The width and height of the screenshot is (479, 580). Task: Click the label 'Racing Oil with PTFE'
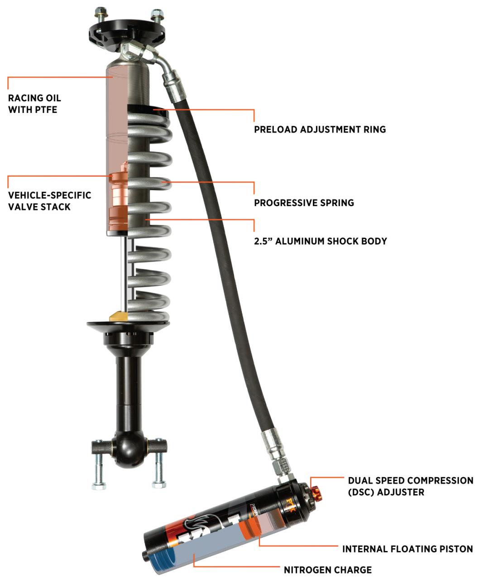pyautogui.click(x=34, y=104)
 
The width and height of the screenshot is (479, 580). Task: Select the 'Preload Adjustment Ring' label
pyautogui.click(x=320, y=129)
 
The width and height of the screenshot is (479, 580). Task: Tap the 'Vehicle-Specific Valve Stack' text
pyautogui.click(x=49, y=201)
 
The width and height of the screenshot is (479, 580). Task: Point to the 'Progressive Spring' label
pyautogui.click(x=304, y=203)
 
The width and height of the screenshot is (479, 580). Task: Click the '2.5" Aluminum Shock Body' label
pyautogui.click(x=320, y=241)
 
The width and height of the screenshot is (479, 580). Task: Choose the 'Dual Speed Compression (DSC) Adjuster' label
pyautogui.click(x=410, y=486)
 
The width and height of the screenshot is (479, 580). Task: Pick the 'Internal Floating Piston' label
pyautogui.click(x=407, y=549)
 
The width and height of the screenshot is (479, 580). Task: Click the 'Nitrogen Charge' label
pyautogui.click(x=327, y=570)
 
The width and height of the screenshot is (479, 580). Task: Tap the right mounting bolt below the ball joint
pyautogui.click(x=159, y=469)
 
